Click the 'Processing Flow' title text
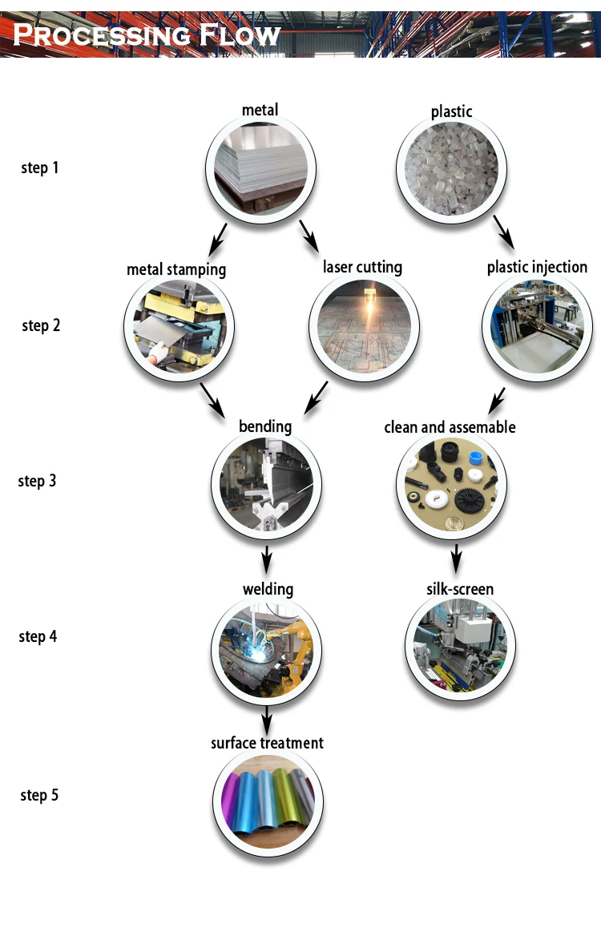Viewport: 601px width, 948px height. point(147,34)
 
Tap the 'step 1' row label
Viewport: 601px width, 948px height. point(39,168)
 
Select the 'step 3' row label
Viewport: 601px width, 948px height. point(37,481)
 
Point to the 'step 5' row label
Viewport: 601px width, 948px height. point(39,795)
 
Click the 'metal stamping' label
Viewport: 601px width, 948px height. point(176,269)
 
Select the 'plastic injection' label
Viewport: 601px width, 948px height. point(537,267)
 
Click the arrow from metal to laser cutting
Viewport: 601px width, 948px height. point(309,236)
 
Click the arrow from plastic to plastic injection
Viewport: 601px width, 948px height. point(503,233)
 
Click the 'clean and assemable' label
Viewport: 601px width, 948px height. point(450,427)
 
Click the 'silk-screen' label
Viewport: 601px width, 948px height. point(459,590)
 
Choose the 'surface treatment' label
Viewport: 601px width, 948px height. point(267,743)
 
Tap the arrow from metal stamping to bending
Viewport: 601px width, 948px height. point(212,399)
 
